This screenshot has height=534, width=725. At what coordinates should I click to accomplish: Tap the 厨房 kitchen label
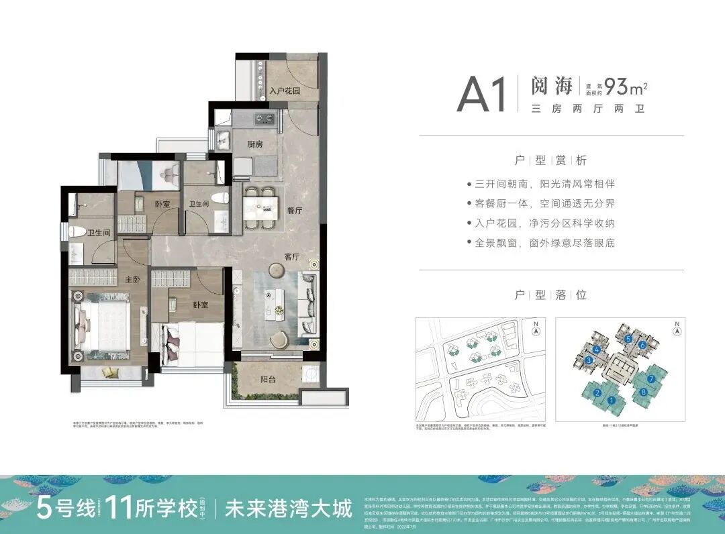(254, 144)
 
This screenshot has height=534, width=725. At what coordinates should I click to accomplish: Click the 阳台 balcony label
(269, 380)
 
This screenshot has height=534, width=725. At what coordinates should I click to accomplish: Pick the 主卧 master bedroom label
(132, 280)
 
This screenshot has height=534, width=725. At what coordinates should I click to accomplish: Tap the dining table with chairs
(260, 207)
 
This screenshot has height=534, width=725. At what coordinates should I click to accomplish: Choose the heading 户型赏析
(550, 160)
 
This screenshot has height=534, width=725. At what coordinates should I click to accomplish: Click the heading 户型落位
(550, 295)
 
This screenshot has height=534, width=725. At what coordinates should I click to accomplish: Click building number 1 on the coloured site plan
(612, 401)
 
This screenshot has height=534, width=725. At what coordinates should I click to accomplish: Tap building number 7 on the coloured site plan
(650, 378)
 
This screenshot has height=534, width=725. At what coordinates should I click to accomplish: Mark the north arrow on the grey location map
(535, 329)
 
